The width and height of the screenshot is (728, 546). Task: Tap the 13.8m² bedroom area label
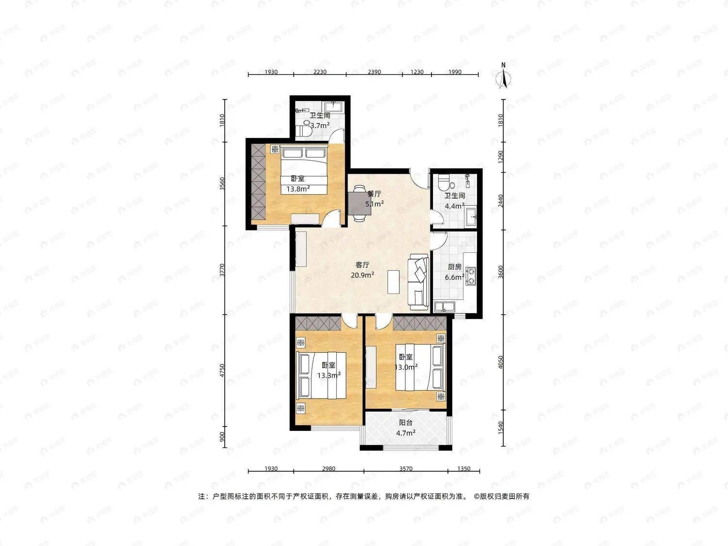[298, 184]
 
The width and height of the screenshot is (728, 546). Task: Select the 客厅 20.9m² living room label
[362, 270]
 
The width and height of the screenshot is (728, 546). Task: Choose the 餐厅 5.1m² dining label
[374, 199]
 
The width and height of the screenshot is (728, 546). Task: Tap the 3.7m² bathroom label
[320, 120]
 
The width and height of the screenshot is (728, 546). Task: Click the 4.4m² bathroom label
[455, 200]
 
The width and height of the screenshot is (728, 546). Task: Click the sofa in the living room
[419, 282]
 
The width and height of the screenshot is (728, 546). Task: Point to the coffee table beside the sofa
[394, 282]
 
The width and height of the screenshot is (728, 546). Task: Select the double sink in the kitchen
[445, 306]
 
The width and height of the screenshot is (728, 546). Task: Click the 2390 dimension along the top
[374, 72]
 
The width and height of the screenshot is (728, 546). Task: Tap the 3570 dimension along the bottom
[405, 469]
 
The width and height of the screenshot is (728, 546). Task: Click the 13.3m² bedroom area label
[329, 370]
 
